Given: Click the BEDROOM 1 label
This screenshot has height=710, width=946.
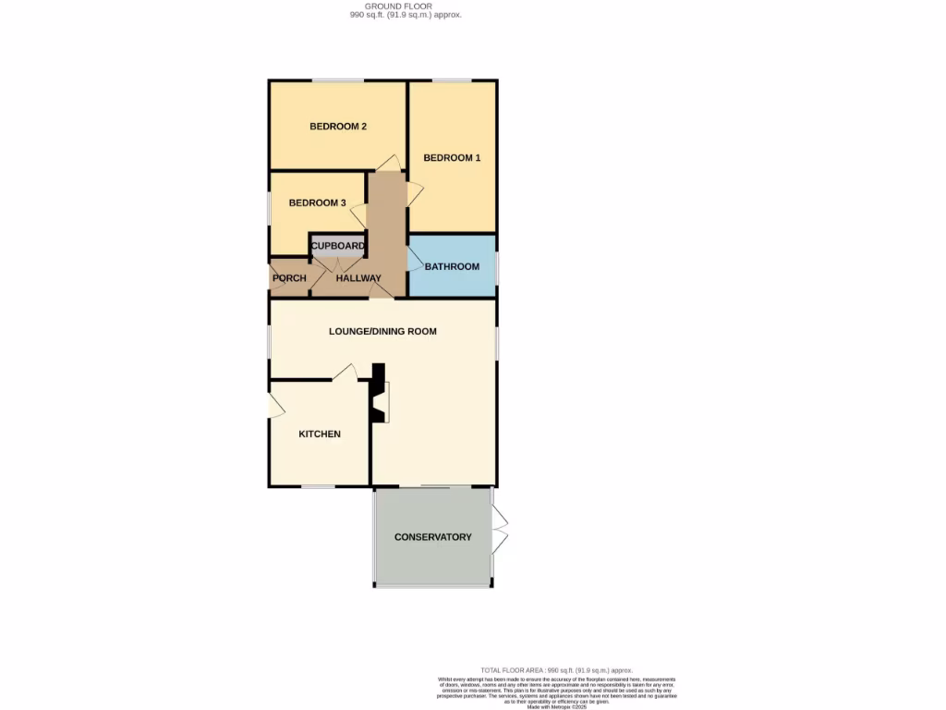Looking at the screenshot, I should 452,158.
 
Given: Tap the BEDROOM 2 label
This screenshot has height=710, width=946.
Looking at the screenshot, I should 338,127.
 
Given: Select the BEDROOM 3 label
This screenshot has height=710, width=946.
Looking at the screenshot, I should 317,203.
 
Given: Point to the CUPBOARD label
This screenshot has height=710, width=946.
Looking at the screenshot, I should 337,246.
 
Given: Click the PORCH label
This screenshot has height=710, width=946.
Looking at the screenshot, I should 288,278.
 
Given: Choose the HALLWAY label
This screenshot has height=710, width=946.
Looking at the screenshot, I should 358,278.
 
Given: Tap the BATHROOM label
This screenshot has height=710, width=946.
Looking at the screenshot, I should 452,267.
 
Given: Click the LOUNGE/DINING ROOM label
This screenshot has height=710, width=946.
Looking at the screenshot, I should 382,331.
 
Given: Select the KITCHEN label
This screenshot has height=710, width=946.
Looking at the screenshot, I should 320,435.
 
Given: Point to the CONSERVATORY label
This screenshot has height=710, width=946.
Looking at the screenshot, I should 432,537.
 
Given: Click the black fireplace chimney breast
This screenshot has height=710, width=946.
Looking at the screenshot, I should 378,394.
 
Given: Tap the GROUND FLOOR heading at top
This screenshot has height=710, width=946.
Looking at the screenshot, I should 398,6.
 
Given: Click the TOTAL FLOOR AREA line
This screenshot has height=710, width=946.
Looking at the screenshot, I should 556,670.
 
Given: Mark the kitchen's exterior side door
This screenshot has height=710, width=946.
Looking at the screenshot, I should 274,405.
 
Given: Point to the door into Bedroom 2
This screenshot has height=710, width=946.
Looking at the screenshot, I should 389,164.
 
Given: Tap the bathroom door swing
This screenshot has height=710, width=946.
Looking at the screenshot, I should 415,263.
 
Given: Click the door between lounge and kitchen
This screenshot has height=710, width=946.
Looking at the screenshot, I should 346,372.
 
